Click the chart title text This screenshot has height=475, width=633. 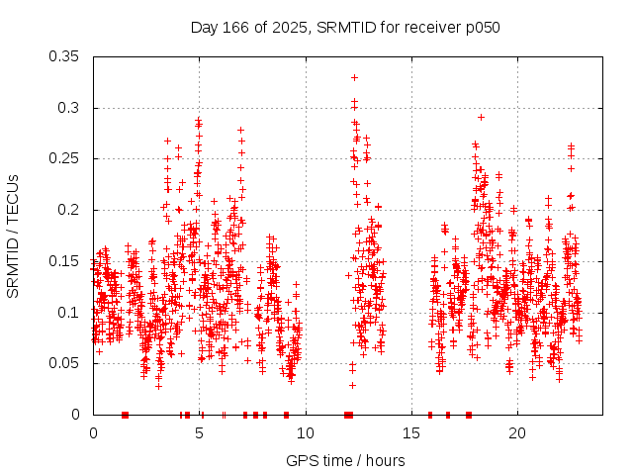[345, 27]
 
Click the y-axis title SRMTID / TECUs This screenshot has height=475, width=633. [14, 236]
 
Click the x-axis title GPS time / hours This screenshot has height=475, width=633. [345, 460]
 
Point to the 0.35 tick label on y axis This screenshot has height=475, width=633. [65, 56]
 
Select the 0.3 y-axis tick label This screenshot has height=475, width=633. [69, 108]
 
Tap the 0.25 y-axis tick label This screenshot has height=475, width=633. [65, 158]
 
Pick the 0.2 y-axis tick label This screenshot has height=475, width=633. [69, 210]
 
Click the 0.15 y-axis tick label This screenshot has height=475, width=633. [65, 261]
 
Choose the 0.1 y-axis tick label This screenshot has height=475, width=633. [69, 313]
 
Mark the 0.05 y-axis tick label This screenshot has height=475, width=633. [65, 363]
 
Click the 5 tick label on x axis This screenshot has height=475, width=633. [200, 433]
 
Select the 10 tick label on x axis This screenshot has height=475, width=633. [306, 433]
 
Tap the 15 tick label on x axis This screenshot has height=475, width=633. [411, 433]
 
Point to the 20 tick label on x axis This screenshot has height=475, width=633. [517, 433]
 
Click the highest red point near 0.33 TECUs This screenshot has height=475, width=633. [354, 77]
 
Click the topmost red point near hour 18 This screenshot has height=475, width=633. [481, 117]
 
